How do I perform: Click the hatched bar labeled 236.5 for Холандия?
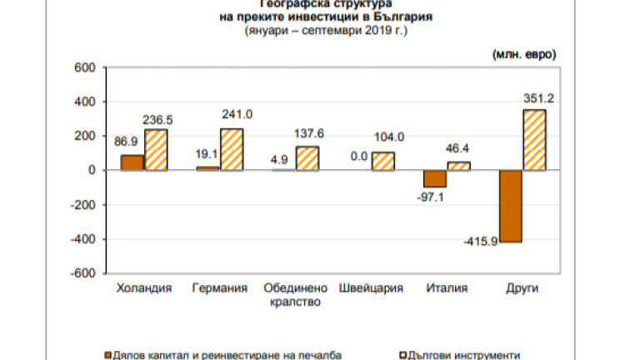point(155,150)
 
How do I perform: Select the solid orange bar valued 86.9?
point(132,162)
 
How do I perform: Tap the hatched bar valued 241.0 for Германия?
point(231,149)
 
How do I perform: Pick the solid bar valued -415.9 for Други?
point(511,206)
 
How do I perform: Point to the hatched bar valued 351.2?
point(533,140)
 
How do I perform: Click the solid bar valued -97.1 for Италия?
point(435,178)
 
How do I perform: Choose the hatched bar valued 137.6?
point(307,158)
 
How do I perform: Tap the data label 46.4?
point(458,147)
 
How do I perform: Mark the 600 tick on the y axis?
point(87,67)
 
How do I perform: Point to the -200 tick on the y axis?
point(86,205)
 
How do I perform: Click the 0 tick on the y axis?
point(93,170)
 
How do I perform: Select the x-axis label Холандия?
point(143,288)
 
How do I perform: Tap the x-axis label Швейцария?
point(372,288)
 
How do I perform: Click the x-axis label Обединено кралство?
point(292,295)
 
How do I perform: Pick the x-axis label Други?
point(522,288)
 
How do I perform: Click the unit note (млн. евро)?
point(524,55)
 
